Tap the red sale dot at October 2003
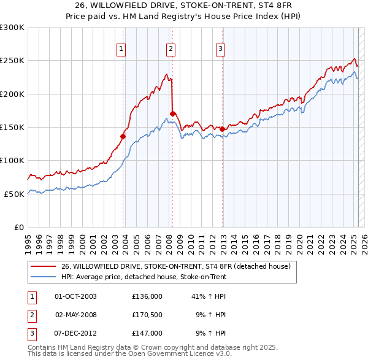coord(123,137)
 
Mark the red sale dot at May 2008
coord(173,114)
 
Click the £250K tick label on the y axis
coord(13,61)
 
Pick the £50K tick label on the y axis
coord(15,194)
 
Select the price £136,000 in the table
coord(147,296)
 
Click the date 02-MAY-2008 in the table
coord(76,315)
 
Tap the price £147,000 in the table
coord(147,333)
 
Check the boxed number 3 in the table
coord(31,333)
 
